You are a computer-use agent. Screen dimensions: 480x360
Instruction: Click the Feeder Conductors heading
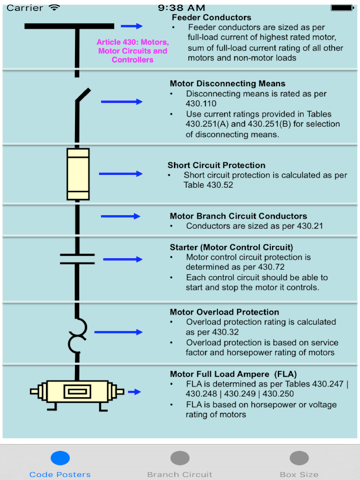pyautogui.click(x=211, y=17)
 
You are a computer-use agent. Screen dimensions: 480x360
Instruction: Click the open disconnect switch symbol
pyautogui.click(x=80, y=100)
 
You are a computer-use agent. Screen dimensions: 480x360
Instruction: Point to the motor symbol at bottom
pyautogui.click(x=77, y=391)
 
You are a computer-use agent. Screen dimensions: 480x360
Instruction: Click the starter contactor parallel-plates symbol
pyautogui.click(x=77, y=259)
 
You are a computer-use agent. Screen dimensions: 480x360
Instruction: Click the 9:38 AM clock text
pyautogui.click(x=180, y=6)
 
